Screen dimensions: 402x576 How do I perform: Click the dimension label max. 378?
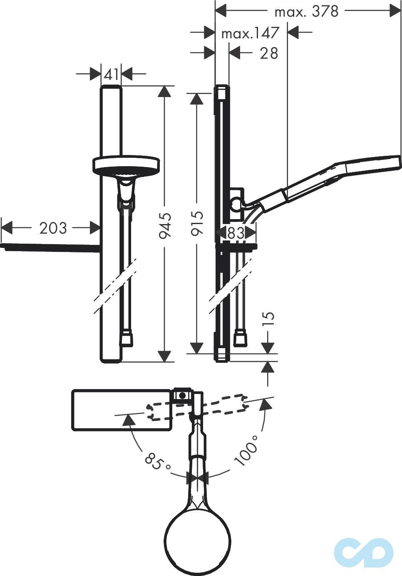pos(306,12)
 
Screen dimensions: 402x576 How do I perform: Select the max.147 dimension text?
pos(250,33)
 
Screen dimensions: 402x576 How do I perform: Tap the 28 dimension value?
pos(269,53)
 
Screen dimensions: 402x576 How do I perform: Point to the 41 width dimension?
pos(111,75)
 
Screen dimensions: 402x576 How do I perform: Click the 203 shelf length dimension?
pos(53,228)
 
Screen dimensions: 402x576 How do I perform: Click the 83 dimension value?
pos(236,233)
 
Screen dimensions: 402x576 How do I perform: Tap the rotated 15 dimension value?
pos(268,319)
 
